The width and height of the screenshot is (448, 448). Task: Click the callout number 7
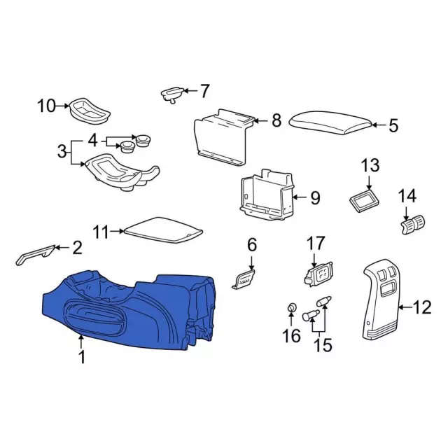pyautogui.click(x=204, y=91)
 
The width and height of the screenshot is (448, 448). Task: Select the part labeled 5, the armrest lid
pyautogui.click(x=331, y=122)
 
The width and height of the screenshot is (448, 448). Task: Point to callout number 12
pyautogui.click(x=423, y=307)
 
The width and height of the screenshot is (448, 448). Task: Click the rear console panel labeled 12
pyautogui.click(x=381, y=300)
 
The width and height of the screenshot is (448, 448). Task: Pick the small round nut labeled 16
pyautogui.click(x=291, y=308)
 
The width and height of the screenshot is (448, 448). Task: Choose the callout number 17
pyautogui.click(x=316, y=243)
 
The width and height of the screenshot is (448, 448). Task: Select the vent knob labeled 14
pyautogui.click(x=413, y=225)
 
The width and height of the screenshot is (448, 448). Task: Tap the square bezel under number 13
pyautogui.click(x=364, y=200)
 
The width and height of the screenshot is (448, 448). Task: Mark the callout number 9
pyautogui.click(x=315, y=197)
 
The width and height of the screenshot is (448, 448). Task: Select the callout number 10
pyautogui.click(x=47, y=106)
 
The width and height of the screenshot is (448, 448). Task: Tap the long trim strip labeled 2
pyautogui.click(x=35, y=255)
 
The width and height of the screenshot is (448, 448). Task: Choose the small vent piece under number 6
pyautogui.click(x=244, y=279)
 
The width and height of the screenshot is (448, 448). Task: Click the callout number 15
pyautogui.click(x=323, y=345)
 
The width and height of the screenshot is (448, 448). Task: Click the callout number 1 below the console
pyautogui.click(x=82, y=357)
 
